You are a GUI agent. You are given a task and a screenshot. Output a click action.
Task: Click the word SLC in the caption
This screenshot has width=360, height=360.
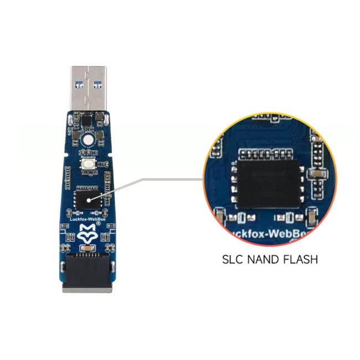pos(233,259)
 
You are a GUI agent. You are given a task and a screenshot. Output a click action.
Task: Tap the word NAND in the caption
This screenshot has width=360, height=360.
pos(264,259)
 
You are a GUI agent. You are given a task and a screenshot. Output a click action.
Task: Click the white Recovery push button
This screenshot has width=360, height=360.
pos(88,161)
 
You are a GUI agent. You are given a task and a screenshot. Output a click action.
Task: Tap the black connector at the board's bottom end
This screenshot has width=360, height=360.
pos(88,273)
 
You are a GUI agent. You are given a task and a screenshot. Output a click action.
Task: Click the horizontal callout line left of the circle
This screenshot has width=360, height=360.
pos(172,179)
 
